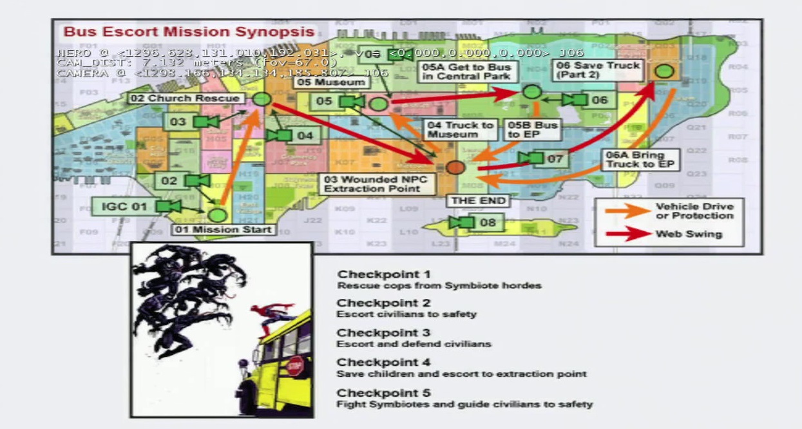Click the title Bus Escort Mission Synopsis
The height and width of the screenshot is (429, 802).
[x=189, y=32]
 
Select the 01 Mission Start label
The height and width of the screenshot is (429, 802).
[x=223, y=229]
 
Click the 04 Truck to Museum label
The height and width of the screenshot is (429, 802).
[x=461, y=129]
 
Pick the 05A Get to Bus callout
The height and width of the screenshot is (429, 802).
[x=466, y=71]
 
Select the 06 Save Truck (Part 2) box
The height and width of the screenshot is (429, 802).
[x=598, y=70]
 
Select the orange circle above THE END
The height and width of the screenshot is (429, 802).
[x=455, y=167]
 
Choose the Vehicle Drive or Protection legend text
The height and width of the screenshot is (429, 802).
[x=694, y=211]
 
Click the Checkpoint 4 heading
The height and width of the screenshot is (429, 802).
[x=383, y=363]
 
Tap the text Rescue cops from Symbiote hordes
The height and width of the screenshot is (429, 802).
[x=439, y=285]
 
